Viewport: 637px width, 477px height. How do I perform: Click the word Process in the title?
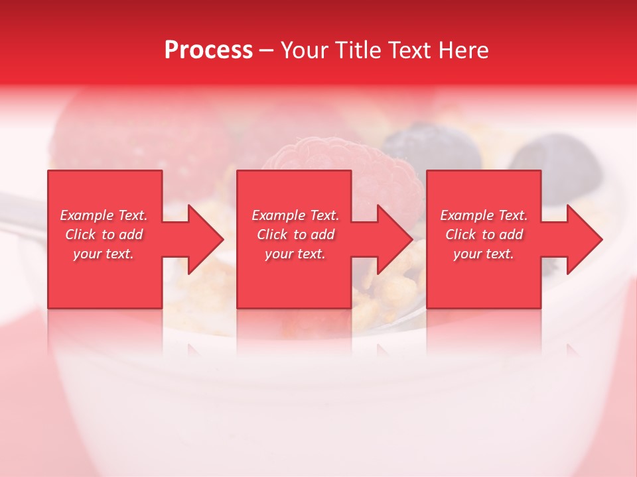[x=208, y=50]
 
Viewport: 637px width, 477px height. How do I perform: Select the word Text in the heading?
[x=407, y=50]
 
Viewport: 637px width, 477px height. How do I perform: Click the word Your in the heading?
[x=305, y=50]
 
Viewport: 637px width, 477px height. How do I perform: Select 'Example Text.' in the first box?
[x=104, y=215]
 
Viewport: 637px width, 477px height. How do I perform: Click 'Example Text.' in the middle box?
[x=295, y=215]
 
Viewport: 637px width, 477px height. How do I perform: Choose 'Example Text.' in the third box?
[x=484, y=215]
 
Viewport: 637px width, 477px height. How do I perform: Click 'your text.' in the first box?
[x=104, y=254]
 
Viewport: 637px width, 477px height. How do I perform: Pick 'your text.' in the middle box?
[x=295, y=254]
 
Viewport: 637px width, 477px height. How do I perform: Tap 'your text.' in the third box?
[x=484, y=254]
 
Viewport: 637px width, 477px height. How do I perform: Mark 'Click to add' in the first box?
[x=104, y=235]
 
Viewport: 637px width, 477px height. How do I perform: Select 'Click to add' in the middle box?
[x=295, y=235]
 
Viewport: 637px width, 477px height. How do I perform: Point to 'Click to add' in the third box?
[x=484, y=235]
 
